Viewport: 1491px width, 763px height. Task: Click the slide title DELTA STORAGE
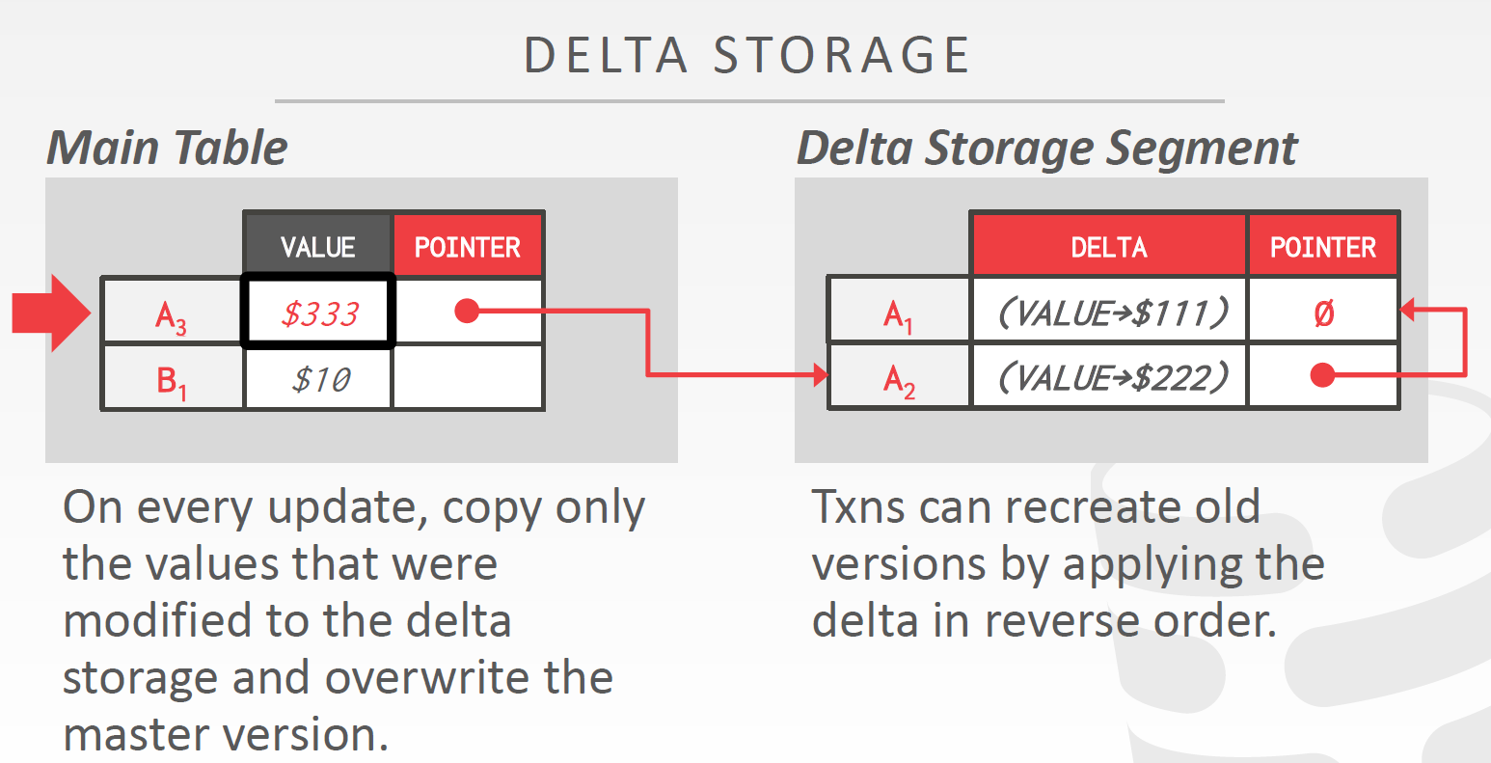(746, 55)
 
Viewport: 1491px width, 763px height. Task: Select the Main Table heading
(168, 148)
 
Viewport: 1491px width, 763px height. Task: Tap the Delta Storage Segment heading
(1046, 148)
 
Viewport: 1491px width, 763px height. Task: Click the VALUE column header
(317, 247)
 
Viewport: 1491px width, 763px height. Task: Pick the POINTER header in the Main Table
(468, 247)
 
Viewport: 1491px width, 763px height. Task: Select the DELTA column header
(1109, 247)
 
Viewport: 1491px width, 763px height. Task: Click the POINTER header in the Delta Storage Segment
(1322, 247)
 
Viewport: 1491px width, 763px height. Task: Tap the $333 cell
(319, 313)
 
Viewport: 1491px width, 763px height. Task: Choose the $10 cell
(319, 379)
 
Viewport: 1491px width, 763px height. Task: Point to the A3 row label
(172, 314)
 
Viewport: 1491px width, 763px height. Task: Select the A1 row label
(898, 314)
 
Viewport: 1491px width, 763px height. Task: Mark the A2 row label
(898, 380)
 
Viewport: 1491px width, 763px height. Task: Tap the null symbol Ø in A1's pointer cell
(1323, 313)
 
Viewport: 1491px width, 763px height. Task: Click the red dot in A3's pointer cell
(467, 311)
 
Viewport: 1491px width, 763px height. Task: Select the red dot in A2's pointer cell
(1322, 375)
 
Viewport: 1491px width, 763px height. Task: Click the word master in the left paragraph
(135, 735)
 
